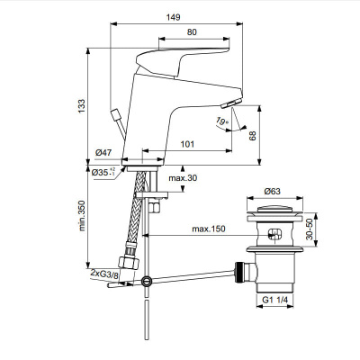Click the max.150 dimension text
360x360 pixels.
[207, 229]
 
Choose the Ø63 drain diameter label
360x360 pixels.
[276, 192]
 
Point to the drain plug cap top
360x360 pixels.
[276, 209]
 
